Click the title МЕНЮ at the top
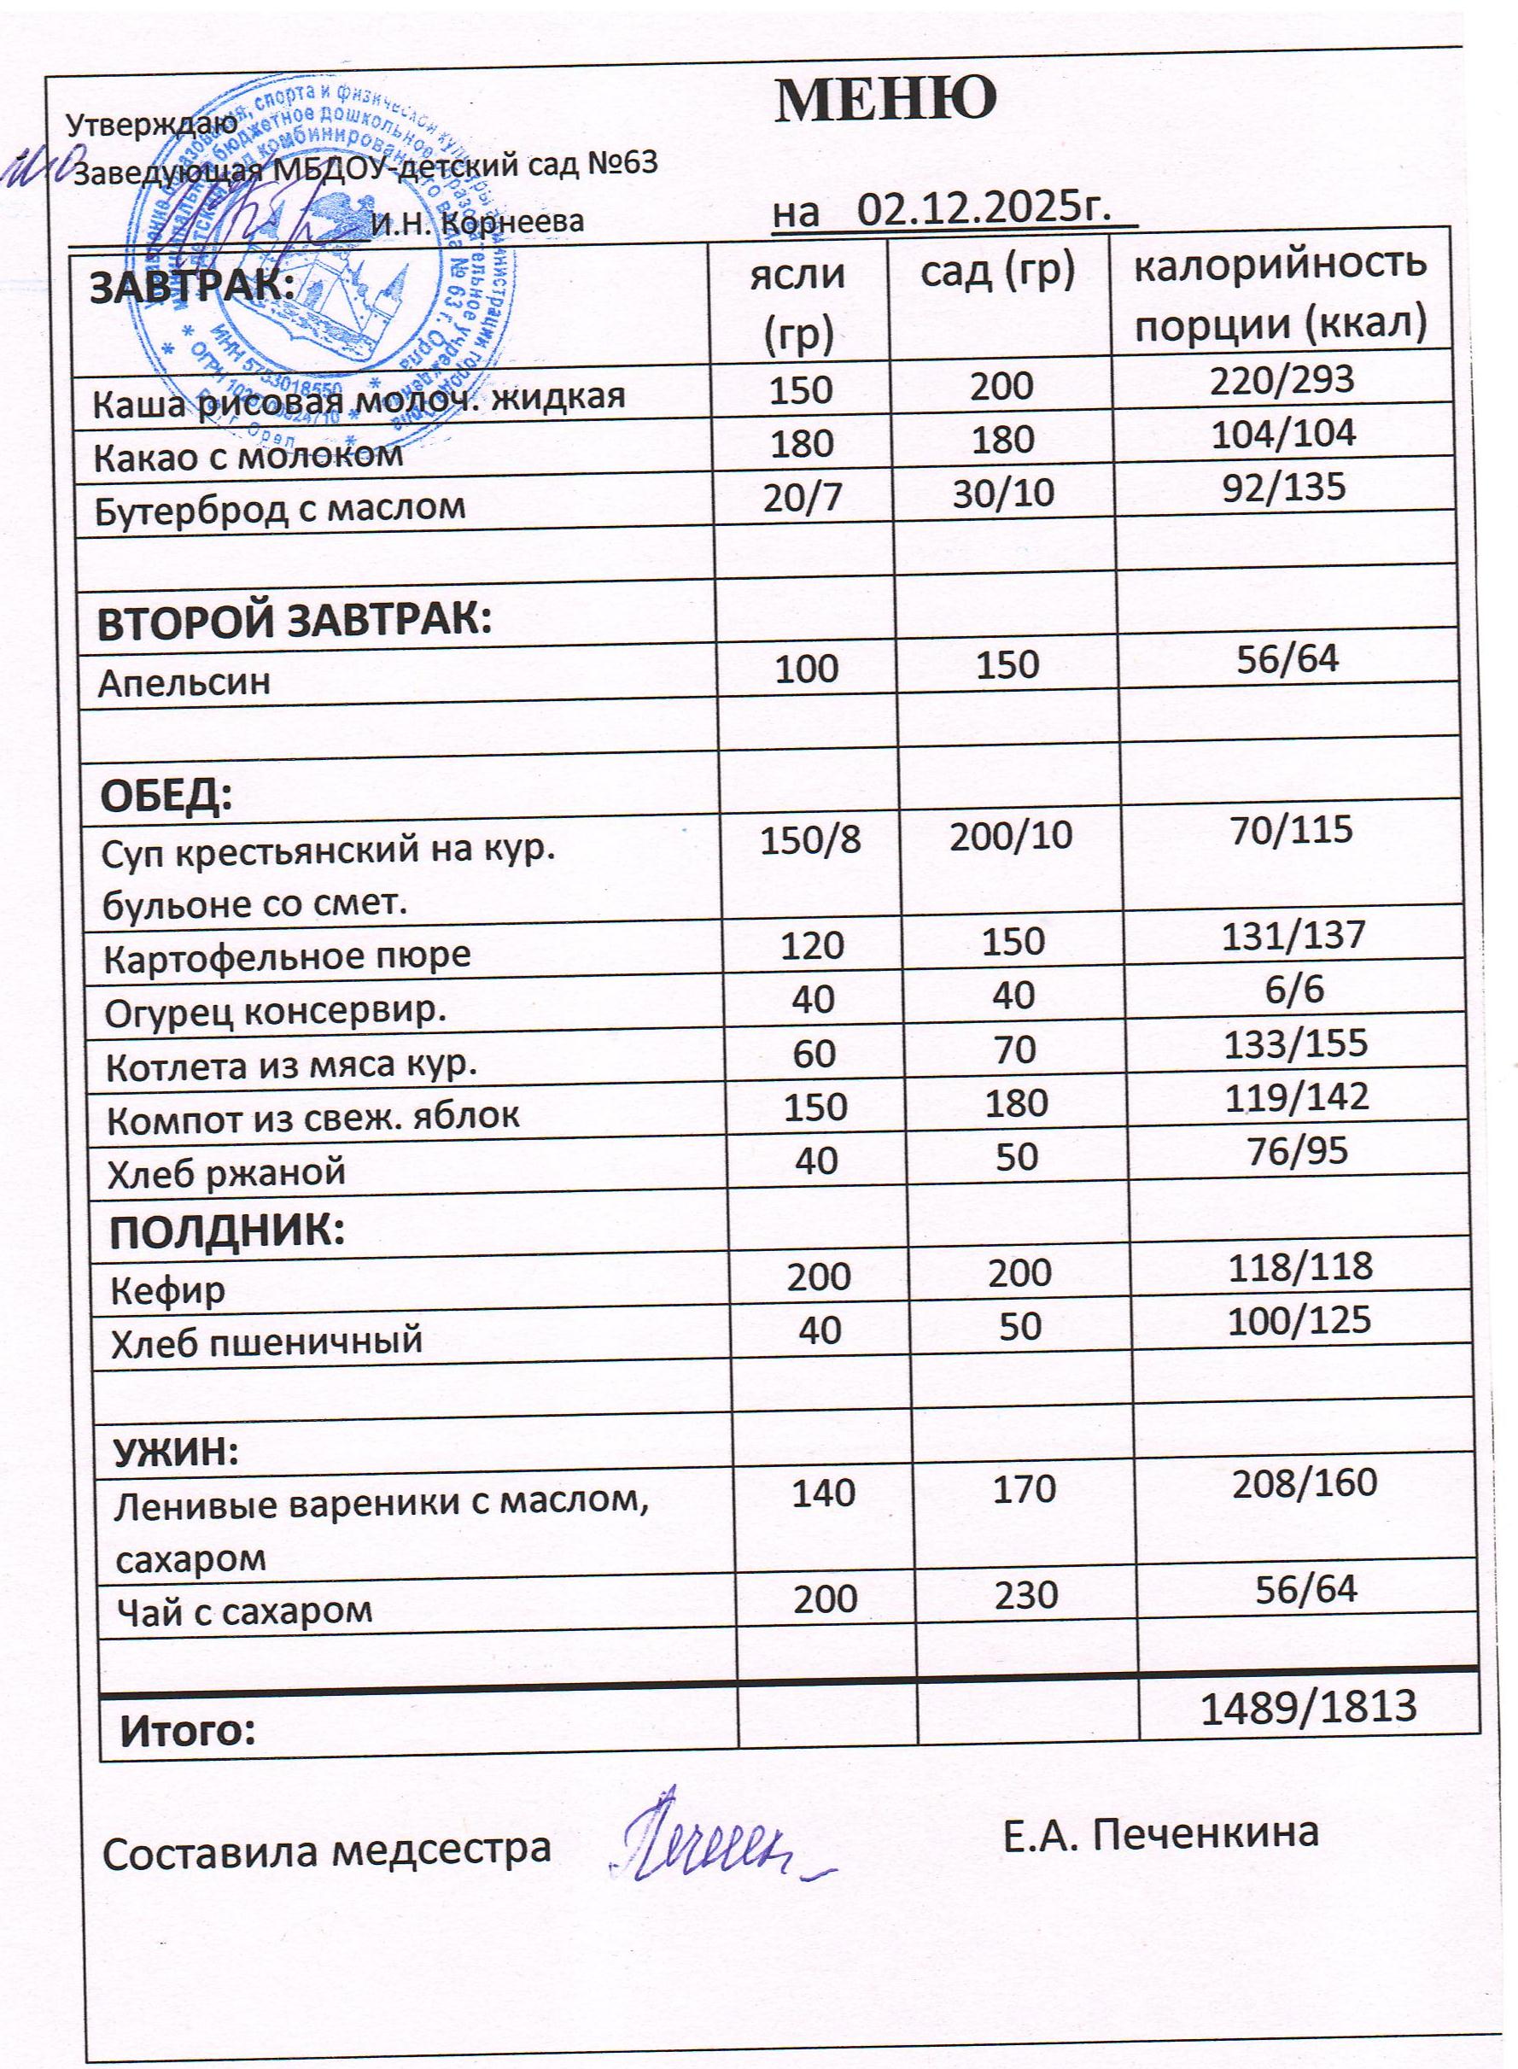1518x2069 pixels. click(886, 99)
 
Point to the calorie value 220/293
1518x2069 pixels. click(1282, 378)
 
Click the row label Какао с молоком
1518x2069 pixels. click(249, 455)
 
